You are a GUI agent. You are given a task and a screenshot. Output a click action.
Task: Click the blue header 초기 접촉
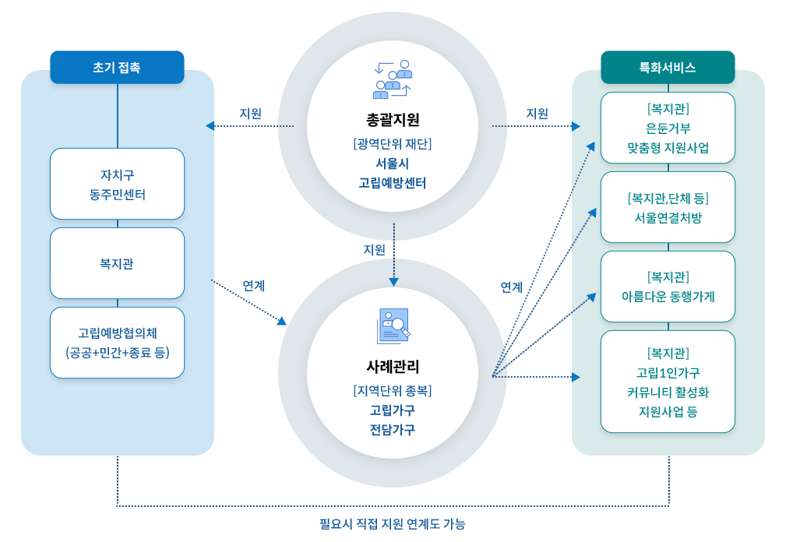[118, 67]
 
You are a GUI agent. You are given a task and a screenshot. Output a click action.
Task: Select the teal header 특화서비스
[668, 67]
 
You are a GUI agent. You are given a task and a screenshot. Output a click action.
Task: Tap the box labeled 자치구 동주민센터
[118, 184]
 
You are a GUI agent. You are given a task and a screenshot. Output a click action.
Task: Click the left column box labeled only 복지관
[118, 263]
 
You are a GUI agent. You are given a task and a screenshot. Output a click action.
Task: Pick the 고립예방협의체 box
[118, 343]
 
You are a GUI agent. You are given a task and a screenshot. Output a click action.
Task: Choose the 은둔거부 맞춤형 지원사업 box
[668, 128]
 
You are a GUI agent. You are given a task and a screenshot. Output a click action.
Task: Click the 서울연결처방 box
[668, 207]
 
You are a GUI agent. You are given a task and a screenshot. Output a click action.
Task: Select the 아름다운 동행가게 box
[668, 287]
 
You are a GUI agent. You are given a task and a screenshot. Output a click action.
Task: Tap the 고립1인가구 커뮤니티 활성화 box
[668, 382]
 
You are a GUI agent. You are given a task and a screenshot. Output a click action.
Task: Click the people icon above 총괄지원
[393, 79]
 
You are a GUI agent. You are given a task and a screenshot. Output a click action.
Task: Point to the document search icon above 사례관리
[393, 326]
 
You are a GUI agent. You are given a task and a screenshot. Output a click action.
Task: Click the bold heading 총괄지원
[393, 120]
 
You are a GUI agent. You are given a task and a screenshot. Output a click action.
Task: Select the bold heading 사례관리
[393, 367]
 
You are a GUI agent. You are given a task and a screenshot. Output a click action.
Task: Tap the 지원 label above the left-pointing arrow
[250, 114]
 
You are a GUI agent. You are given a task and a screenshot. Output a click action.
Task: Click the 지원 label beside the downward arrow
[374, 249]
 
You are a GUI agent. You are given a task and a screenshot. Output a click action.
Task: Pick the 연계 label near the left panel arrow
[254, 286]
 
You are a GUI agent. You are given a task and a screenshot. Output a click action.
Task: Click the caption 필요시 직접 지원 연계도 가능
[393, 524]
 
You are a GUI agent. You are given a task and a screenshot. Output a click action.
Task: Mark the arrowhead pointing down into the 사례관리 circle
[394, 282]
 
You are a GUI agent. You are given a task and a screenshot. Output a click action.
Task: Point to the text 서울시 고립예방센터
[393, 174]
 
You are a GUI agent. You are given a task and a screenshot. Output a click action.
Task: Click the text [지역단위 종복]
[393, 391]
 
